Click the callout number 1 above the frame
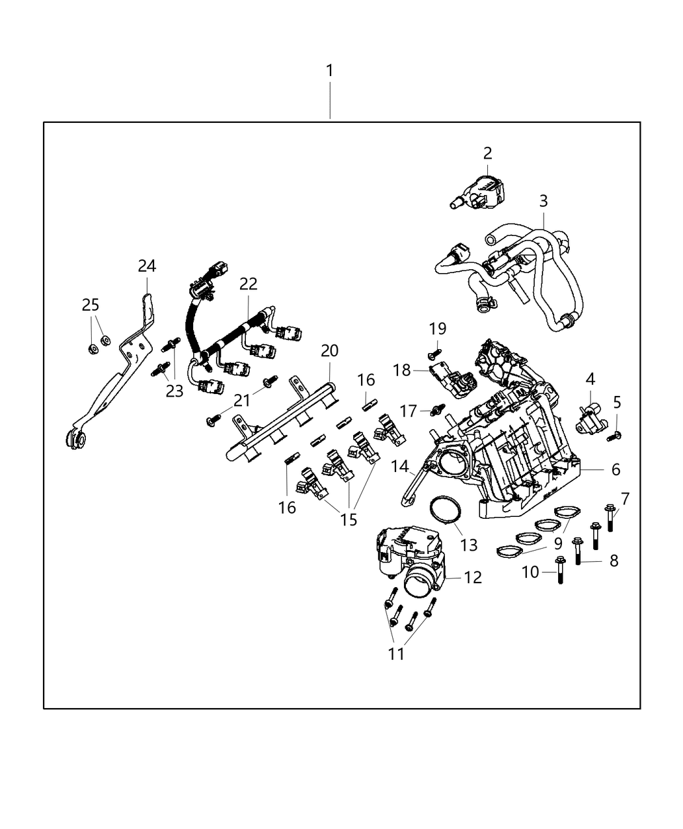(x=330, y=70)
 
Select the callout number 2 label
(x=487, y=153)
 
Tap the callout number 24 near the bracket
(x=147, y=266)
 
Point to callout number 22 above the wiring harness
(x=248, y=283)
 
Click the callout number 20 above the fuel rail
(x=330, y=351)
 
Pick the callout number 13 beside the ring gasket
(x=468, y=545)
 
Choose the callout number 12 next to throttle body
(x=473, y=577)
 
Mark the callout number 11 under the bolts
(x=396, y=653)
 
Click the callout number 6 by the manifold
(x=615, y=469)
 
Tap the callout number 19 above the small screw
(x=437, y=329)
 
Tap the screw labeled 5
(x=613, y=436)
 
